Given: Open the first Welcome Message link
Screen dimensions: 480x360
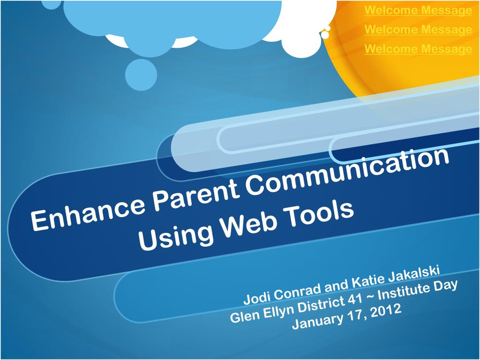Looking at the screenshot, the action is [x=418, y=10].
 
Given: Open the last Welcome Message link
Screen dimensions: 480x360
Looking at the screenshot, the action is [x=418, y=49].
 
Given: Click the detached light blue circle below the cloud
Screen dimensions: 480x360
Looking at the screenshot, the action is [x=141, y=75].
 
